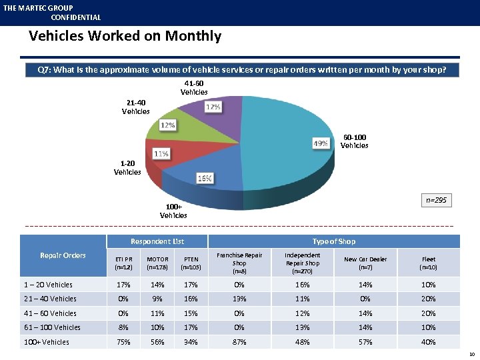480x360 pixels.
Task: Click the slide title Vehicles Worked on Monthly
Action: tap(125, 36)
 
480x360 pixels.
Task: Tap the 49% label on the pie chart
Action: tap(320, 143)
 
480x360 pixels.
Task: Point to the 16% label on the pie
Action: tap(204, 178)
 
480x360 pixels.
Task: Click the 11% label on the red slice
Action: tap(161, 153)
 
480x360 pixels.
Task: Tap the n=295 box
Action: tap(437, 200)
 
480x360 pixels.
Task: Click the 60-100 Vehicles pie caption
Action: tap(354, 141)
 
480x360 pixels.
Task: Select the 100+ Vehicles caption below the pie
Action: tap(173, 211)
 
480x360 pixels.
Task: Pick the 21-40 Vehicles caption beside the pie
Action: tap(135, 107)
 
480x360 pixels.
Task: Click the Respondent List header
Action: tap(157, 241)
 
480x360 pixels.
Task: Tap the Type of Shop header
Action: tap(334, 241)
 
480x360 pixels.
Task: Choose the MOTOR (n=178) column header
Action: tap(157, 263)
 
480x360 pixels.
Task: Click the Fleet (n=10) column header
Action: tap(429, 263)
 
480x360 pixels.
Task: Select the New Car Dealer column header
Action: tap(365, 263)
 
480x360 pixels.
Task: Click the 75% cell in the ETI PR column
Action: tap(123, 342)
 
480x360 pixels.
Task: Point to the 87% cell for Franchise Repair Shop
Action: tap(239, 342)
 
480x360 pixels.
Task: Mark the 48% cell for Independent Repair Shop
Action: tap(302, 342)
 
